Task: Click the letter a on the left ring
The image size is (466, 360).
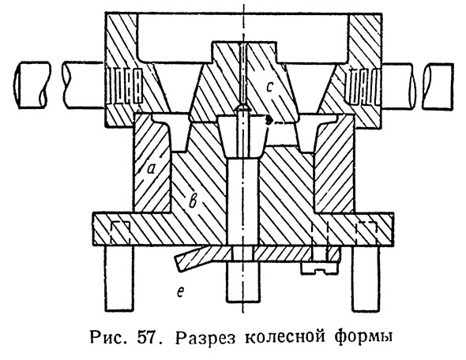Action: pos(152,169)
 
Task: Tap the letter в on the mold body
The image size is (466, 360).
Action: pos(193,202)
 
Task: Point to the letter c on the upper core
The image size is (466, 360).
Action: pos(269,87)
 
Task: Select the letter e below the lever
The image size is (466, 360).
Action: pos(180,292)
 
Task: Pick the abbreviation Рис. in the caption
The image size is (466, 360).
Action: pos(109,338)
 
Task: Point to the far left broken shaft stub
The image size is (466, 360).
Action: pos(32,85)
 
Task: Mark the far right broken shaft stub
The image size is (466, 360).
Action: pos(438,85)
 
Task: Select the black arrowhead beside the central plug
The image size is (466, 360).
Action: pos(269,120)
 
